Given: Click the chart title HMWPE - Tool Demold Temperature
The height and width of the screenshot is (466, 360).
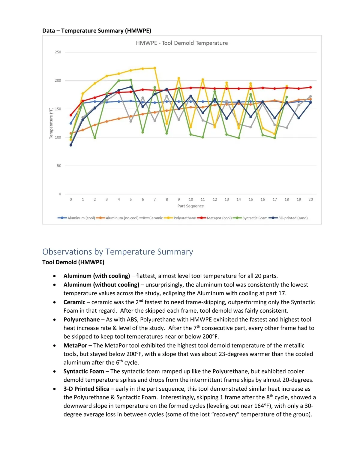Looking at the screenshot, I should pyautogui.click(x=182, y=43).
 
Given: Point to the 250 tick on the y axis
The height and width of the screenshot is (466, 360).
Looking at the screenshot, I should pyautogui.click(x=58, y=52).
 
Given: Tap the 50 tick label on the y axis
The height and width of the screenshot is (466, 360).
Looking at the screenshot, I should pyautogui.click(x=59, y=166).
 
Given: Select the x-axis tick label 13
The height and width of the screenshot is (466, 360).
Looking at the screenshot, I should pyautogui.click(x=227, y=200).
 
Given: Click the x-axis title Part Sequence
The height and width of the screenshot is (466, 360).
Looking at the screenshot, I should pyautogui.click(x=190, y=206).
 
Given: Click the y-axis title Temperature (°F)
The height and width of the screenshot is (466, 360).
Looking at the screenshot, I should pyautogui.click(x=51, y=123).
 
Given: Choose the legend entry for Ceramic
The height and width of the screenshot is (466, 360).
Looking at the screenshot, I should pyautogui.click(x=156, y=218).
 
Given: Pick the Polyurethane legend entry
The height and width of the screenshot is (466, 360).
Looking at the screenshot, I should pyautogui.click(x=184, y=218).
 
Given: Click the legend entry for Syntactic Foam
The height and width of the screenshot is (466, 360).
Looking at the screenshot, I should pyautogui.click(x=255, y=218).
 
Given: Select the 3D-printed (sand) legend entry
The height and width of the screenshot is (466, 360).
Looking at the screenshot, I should pyautogui.click(x=293, y=218).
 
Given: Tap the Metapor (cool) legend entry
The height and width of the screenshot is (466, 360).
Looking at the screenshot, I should pyautogui.click(x=219, y=218).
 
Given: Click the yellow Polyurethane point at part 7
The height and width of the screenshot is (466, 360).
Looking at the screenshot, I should pyautogui.click(x=155, y=68).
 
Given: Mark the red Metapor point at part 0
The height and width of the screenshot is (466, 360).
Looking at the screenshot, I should pyautogui.click(x=71, y=115).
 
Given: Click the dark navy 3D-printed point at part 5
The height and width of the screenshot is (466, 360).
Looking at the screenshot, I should pyautogui.click(x=131, y=87).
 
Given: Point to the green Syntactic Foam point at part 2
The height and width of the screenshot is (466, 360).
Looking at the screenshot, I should pyautogui.click(x=95, y=138).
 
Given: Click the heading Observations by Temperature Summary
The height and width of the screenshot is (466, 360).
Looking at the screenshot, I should pyautogui.click(x=118, y=252).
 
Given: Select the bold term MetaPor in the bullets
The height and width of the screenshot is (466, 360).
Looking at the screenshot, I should pyautogui.click(x=75, y=345).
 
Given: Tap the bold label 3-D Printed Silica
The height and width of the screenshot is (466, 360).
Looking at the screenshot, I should pyautogui.click(x=86, y=389).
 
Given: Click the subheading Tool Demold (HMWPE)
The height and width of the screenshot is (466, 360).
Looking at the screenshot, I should pyautogui.click(x=73, y=262).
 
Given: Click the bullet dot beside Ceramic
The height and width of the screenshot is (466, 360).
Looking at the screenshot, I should pyautogui.click(x=54, y=302).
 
